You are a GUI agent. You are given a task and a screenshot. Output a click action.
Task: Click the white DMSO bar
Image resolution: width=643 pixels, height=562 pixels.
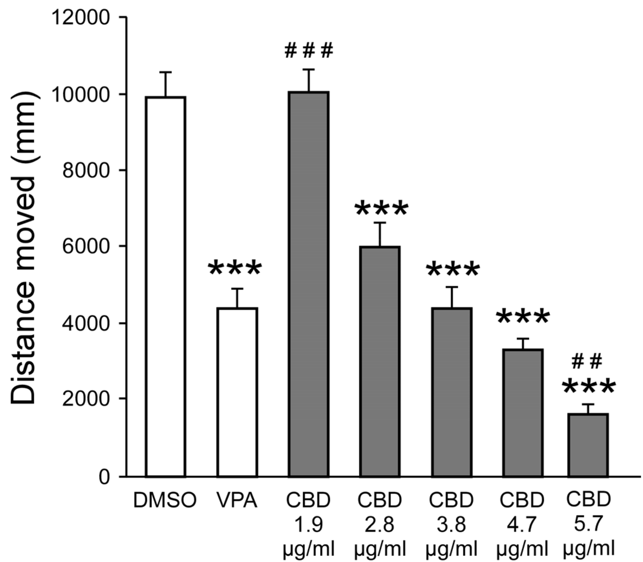[x=165, y=287]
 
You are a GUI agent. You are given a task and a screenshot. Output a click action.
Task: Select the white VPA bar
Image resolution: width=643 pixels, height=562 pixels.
[x=237, y=392]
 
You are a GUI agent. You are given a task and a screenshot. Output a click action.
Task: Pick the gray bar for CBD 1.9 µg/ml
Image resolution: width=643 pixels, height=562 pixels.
[x=309, y=284]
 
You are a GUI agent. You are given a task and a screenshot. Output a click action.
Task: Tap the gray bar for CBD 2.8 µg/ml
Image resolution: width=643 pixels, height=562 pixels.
[x=380, y=362]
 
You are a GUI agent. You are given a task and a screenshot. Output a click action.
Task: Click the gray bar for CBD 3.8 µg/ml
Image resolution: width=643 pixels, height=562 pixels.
[x=451, y=392]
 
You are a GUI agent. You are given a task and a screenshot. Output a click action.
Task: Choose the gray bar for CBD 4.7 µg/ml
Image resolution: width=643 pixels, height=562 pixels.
[x=522, y=413]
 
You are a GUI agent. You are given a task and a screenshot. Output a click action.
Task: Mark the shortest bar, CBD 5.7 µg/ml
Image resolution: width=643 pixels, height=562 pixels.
[x=588, y=445]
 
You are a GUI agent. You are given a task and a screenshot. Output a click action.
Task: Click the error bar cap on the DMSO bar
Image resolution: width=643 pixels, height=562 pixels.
[x=165, y=72]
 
